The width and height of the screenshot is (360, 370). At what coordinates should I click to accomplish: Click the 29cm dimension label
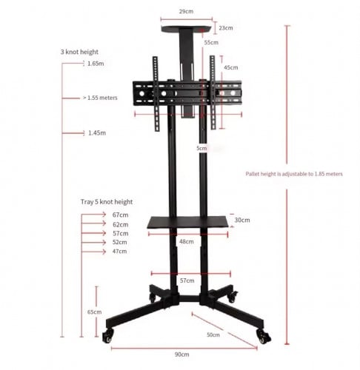click(x=187, y=13)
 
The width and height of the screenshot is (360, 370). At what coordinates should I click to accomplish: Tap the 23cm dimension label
click(x=225, y=28)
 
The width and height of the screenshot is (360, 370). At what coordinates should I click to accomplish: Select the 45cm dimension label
click(x=231, y=68)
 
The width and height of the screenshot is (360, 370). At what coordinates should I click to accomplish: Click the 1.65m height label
click(x=95, y=64)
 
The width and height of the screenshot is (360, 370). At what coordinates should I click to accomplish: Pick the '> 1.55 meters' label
click(x=104, y=97)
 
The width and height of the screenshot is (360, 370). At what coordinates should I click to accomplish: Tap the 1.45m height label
click(x=96, y=133)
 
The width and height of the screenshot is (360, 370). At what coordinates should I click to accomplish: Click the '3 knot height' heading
click(x=80, y=53)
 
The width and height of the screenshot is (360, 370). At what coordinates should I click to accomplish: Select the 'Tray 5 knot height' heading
click(x=107, y=201)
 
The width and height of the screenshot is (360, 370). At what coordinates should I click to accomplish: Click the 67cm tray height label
click(x=120, y=215)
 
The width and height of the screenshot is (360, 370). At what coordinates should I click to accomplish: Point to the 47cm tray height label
click(x=120, y=252)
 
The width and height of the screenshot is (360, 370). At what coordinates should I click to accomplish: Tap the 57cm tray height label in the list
click(x=120, y=233)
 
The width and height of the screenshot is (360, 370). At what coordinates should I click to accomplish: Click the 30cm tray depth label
click(x=241, y=220)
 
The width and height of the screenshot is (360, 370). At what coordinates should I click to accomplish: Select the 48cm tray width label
click(x=187, y=241)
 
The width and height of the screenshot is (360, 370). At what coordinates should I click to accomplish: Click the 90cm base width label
click(x=181, y=354)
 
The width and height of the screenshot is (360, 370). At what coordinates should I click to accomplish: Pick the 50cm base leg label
click(x=213, y=335)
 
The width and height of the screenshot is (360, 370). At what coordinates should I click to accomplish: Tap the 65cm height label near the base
click(x=95, y=312)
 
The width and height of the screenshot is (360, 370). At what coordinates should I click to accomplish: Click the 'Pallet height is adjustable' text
click(x=294, y=174)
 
